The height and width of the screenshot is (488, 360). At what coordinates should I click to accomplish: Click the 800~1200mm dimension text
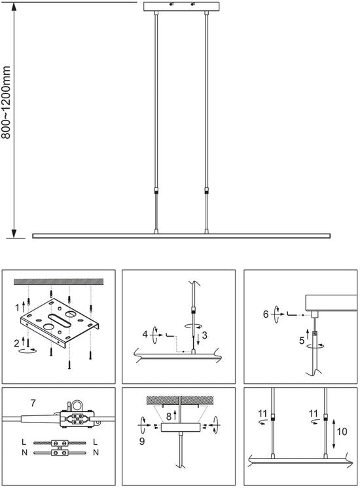pos(6,102)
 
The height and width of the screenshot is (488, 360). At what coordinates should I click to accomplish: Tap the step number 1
pos(18,308)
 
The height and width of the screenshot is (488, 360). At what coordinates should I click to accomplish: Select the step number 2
pos(17,343)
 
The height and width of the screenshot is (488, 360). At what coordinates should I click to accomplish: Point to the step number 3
pos(204,335)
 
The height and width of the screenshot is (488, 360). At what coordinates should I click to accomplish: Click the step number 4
pos(145,334)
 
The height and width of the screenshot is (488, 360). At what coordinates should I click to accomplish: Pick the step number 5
pos(302,341)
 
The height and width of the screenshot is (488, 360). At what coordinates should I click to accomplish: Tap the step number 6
pos(266,314)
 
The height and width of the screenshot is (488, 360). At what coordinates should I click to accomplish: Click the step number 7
pos(33,403)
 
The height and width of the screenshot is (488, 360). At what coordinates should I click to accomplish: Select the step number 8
pos(169,417)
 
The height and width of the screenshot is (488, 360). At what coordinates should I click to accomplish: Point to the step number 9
pos(142,441)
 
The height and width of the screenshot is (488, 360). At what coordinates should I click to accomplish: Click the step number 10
pos(342,432)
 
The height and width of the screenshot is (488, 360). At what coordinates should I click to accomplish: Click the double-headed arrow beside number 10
pos(334,434)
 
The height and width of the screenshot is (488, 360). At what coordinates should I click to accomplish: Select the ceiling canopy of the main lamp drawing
pos(181,7)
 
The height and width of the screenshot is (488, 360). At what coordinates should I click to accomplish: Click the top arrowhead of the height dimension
pos(14,7)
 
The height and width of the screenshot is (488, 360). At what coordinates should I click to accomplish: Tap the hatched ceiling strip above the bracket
pos(58,282)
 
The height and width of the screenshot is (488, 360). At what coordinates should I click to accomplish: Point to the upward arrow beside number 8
pos(175,415)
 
